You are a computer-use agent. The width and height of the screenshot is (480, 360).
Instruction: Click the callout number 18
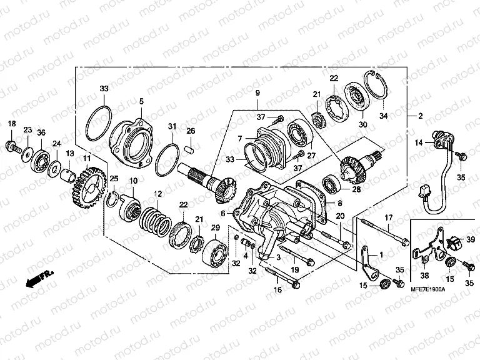(11, 125)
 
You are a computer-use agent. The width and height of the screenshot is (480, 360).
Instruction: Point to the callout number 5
(141, 101)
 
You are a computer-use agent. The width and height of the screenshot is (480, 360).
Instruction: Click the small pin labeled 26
(192, 149)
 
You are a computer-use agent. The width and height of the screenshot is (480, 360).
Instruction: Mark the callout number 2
(420, 116)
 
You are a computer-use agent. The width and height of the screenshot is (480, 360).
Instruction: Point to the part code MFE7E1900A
(427, 291)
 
